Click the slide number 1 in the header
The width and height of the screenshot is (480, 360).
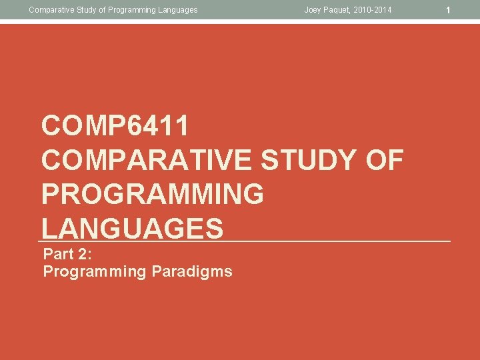449,10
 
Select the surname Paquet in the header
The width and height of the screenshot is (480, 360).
338,10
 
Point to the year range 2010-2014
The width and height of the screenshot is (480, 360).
373,10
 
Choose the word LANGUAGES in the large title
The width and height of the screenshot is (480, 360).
132,229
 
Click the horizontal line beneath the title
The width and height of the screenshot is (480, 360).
333,241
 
